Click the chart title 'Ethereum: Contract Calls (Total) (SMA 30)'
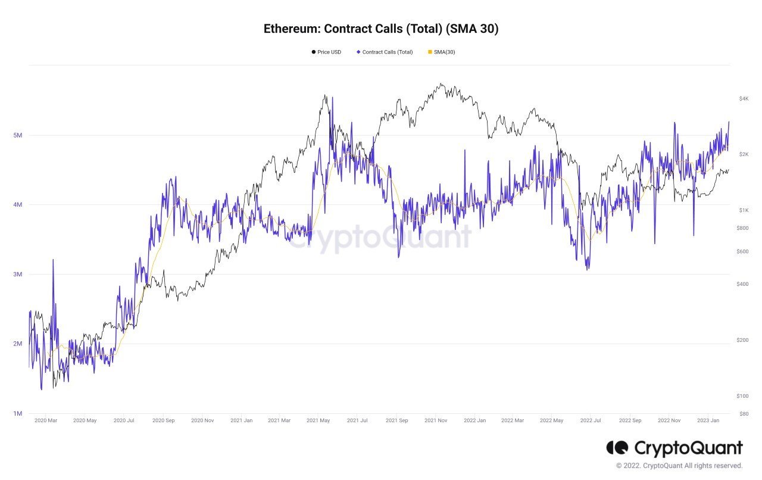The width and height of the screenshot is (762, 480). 381,29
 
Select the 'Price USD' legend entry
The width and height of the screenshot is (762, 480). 326,52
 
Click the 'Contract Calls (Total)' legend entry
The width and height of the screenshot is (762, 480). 385,52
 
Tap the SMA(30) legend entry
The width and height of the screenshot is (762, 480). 442,52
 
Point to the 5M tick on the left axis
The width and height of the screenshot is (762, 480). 18,135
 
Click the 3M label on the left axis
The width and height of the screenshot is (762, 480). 18,274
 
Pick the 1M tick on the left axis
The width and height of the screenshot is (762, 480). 18,413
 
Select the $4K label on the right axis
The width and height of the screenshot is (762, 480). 744,99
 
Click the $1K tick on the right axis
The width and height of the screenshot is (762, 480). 744,210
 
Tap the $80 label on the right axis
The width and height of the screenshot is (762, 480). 744,414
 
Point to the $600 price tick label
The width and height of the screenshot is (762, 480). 742,251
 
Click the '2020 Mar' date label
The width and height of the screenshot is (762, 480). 46,420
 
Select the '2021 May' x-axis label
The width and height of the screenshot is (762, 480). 318,420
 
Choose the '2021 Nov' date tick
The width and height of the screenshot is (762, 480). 436,420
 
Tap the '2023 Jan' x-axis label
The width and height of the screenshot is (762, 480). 708,420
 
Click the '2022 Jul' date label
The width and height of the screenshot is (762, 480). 591,420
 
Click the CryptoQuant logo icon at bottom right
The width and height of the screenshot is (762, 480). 617,448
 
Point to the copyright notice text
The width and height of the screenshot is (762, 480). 679,466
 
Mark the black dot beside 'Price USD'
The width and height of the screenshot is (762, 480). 314,52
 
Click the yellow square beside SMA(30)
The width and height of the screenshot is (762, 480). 430,52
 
